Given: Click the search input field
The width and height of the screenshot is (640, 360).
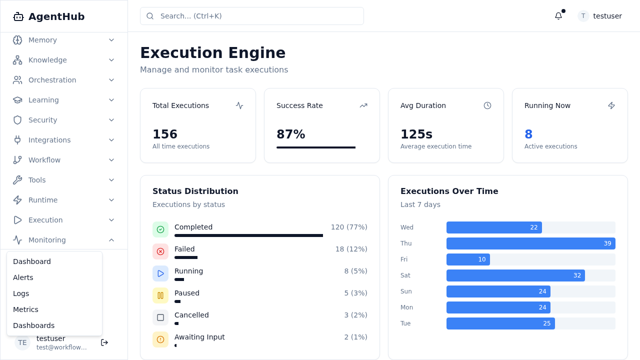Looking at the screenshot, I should tap(251, 16).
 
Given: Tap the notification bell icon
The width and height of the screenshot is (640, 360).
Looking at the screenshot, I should tap(558, 16).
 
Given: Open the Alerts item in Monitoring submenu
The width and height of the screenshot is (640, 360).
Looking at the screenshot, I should tap(23, 277).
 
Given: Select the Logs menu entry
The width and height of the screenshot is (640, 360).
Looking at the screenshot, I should tap(21, 293).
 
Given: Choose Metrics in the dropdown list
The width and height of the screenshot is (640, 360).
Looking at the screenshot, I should tap(25, 309).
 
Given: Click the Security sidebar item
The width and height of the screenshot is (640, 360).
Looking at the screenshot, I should tap(42, 120).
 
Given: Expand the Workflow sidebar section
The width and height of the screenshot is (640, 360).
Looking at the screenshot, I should tap(44, 160).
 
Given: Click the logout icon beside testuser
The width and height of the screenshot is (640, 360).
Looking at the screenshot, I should tap(104, 342).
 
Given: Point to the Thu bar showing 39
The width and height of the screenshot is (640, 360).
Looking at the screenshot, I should tap(530, 243).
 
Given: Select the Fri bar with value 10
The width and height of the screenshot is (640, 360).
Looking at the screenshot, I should tap(468, 259).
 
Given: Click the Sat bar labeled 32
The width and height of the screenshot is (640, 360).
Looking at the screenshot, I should tap(515, 275).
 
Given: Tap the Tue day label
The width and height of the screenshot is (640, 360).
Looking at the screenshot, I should tap(405, 323).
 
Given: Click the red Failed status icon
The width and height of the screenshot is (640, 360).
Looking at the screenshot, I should tap(160, 251).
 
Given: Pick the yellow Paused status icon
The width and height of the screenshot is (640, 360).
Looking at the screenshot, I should tap(160, 295).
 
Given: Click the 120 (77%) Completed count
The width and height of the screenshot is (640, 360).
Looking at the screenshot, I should tap(348, 227).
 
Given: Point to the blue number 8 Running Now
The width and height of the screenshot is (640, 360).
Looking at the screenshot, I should tap(528, 134).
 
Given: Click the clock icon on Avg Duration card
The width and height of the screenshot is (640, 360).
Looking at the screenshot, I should tap(487, 105).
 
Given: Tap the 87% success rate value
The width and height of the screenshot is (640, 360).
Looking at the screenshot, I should tap(290, 134).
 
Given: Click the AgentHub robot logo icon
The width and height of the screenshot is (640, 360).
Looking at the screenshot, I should tap(18, 16).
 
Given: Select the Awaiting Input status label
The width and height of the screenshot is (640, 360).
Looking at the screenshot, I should tap(199, 337).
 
